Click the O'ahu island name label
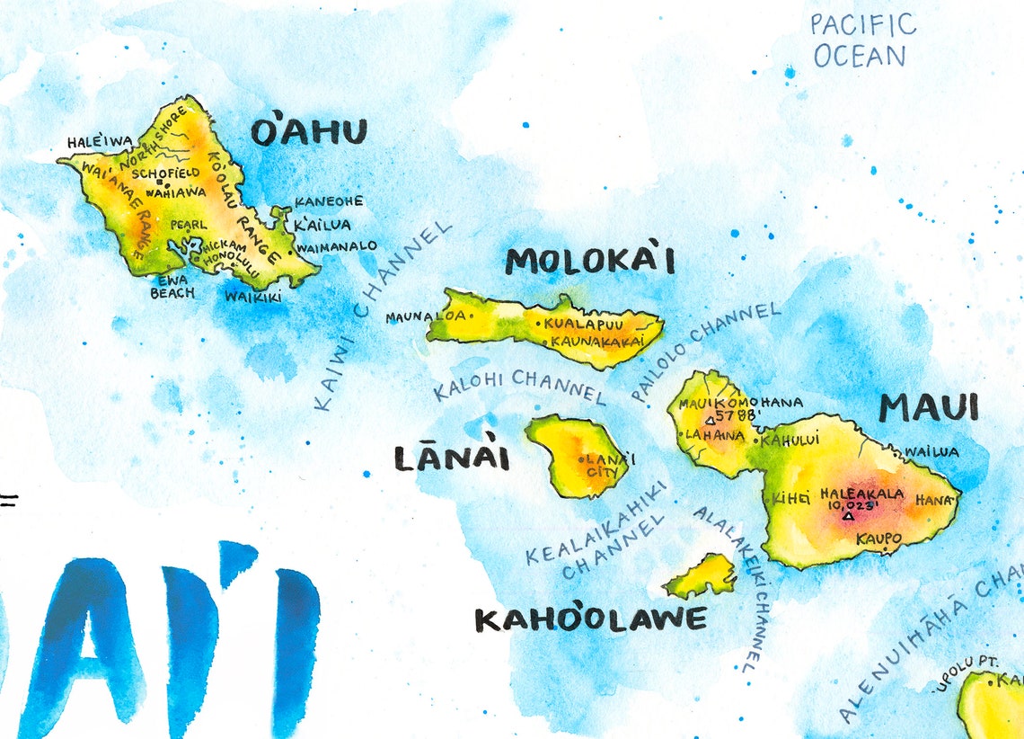coord(309,133)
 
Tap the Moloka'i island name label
coord(589,262)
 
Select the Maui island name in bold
coord(928,408)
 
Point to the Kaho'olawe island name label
coord(590,619)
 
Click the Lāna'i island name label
coord(452,459)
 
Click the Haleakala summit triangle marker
coord(849,516)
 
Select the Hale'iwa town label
coord(100,142)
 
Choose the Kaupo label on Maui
coord(879,539)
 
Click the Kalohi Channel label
coord(519,387)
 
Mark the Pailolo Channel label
coord(704,351)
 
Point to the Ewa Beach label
coord(172,286)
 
